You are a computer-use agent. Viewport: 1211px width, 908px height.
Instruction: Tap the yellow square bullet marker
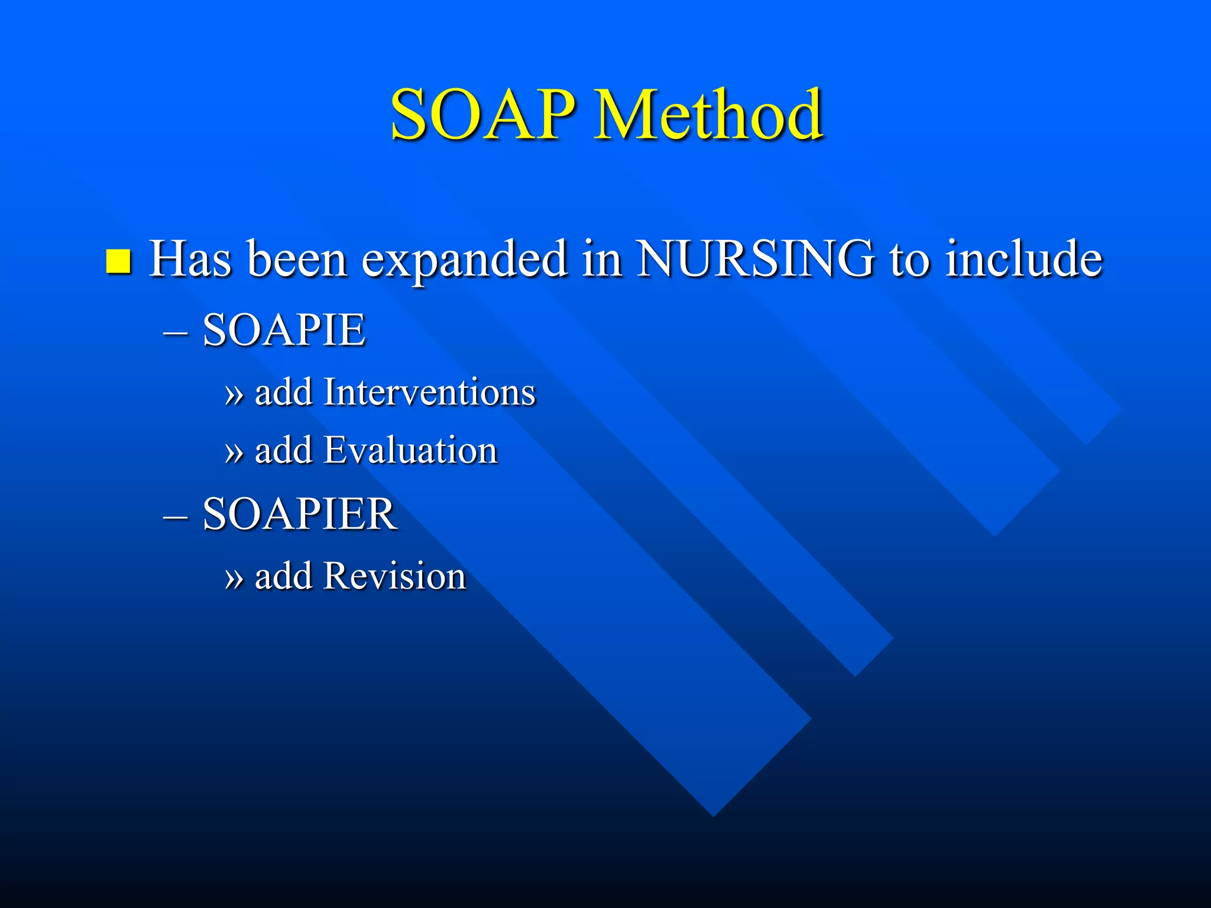(118, 261)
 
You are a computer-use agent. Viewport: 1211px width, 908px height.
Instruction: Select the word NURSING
(756, 259)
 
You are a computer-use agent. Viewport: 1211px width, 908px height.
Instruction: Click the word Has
(190, 259)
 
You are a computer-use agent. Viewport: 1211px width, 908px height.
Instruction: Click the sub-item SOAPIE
(284, 330)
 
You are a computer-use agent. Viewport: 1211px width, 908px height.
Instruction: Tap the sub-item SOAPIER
(299, 514)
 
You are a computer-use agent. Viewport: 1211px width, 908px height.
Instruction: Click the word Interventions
(429, 392)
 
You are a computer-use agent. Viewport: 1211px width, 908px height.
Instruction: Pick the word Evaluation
(411, 450)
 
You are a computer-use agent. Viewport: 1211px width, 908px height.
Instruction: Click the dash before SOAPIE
(175, 333)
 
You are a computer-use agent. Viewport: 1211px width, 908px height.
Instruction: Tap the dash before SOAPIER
(175, 517)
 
